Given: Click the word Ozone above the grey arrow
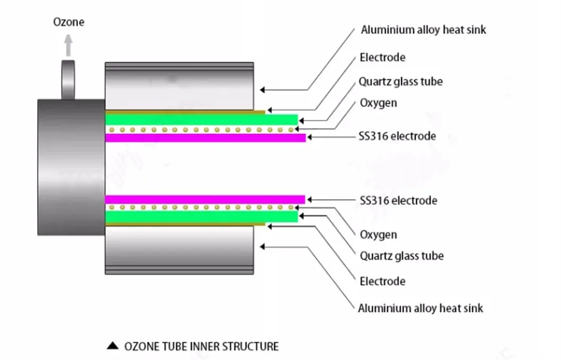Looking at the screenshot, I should (68, 22).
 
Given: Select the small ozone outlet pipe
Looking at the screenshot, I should (68, 80).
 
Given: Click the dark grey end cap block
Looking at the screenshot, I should (71, 167).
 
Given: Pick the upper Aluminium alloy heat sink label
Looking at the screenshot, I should (423, 30).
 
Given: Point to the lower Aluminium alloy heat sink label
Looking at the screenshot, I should (420, 308).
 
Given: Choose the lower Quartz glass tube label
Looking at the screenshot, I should (401, 256).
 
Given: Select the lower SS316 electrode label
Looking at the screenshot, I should (398, 200).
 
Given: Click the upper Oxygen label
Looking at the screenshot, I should (378, 102).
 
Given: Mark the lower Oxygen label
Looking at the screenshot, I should (378, 234).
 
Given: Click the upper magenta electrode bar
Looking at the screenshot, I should (205, 138).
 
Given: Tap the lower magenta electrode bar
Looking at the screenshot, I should (205, 199).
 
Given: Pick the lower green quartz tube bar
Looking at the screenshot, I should (201, 216).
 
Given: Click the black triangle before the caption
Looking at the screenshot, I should (112, 347).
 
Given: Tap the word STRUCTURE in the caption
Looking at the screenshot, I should (251, 347).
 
